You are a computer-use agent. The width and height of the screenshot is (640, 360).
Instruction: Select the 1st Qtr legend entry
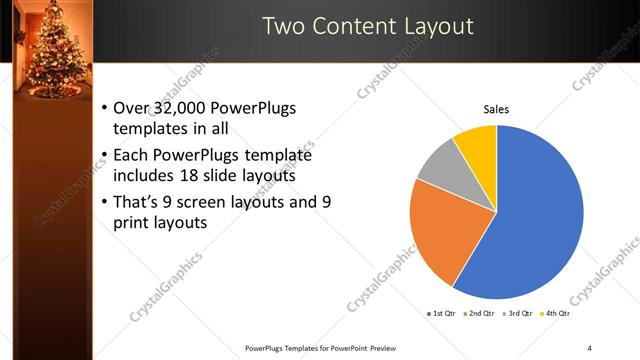pos(442,314)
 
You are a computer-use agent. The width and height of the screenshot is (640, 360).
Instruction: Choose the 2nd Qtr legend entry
pos(481,314)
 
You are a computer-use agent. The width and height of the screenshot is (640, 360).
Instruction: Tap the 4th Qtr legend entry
pos(557,314)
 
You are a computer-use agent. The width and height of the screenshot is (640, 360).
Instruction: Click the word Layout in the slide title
pos(437,25)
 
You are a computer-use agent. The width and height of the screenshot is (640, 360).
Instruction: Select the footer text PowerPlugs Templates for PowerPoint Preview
pos(313,348)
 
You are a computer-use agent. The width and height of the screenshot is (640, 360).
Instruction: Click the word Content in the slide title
pos(355,25)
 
